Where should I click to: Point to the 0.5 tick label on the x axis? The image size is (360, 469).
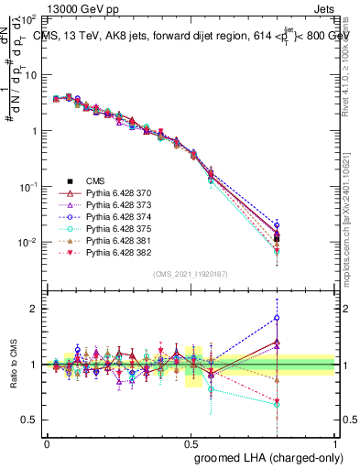tap(191, 443)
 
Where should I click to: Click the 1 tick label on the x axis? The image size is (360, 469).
tap(334, 443)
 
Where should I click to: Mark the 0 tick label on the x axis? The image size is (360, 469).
tap(47, 443)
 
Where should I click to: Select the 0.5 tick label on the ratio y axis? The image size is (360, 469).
tap(31, 420)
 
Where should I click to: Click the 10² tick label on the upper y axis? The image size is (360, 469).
tap(29, 18)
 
